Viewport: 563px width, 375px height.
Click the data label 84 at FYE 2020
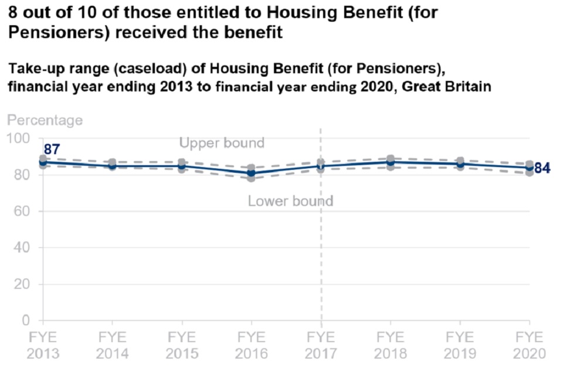(x=542, y=169)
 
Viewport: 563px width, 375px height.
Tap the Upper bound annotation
(x=222, y=143)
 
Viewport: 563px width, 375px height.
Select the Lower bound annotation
(x=290, y=202)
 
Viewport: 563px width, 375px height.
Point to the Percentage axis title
(x=45, y=121)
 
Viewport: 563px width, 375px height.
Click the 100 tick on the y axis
(x=20, y=138)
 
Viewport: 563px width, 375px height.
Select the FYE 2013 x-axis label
(x=42, y=346)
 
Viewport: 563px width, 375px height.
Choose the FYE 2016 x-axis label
(x=251, y=346)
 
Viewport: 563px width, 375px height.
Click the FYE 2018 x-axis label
(x=391, y=346)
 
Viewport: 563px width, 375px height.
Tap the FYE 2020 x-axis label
(x=530, y=346)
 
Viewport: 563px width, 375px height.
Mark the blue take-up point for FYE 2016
(x=251, y=173)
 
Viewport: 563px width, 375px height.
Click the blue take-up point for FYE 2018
(x=391, y=162)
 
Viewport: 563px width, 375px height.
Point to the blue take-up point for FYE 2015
(x=182, y=166)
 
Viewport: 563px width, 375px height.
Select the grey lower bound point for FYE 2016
(x=251, y=178)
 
